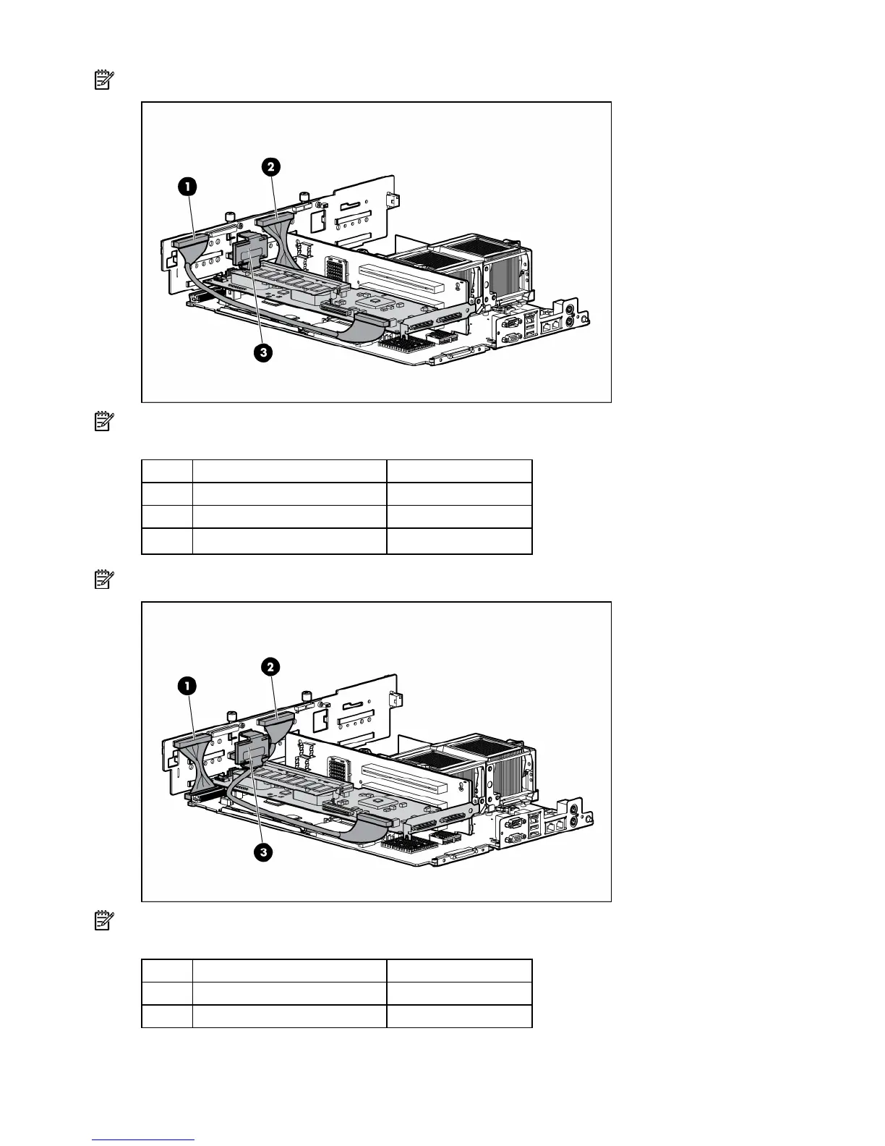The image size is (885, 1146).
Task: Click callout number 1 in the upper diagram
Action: [187, 187]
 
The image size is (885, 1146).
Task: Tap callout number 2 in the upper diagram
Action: [270, 167]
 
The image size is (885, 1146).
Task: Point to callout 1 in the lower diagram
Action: [187, 685]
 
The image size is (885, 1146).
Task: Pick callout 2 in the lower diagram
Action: [270, 666]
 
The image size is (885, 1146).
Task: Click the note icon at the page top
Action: [104, 80]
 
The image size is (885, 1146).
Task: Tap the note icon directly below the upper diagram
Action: [104, 422]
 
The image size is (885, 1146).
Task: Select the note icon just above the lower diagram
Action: [104, 580]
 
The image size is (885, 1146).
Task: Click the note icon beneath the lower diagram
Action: [104, 921]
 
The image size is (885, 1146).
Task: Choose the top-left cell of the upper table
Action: [167, 471]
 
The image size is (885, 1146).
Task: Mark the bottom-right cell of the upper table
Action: [459, 542]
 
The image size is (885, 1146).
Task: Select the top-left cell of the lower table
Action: [167, 970]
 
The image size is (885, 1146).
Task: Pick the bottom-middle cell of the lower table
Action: [289, 1016]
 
